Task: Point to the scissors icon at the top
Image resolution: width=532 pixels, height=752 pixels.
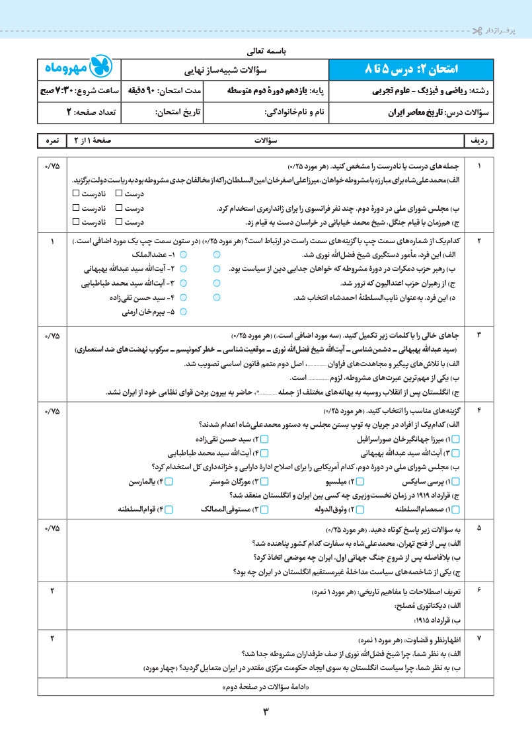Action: [477, 30]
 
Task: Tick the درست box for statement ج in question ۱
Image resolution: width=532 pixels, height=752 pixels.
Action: [119, 221]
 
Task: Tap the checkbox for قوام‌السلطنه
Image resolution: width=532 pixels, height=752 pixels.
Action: [169, 509]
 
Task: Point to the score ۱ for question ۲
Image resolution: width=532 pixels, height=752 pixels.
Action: [52, 242]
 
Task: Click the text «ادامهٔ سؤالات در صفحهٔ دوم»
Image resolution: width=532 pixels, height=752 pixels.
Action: [266, 687]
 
